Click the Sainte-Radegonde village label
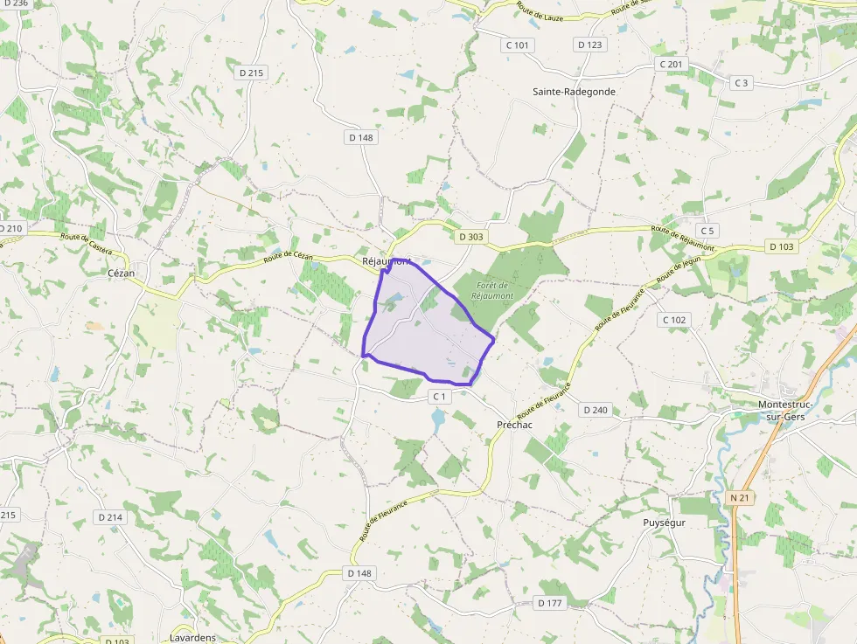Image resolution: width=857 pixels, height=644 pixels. coord(574,91)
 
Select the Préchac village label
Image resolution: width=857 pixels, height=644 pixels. coord(514,424)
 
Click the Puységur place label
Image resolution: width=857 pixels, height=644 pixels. coord(664,523)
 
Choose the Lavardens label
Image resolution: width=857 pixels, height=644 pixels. coord(192,638)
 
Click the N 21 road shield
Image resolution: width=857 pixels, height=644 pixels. coord(739,497)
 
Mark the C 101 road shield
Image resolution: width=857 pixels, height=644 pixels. coord(517,45)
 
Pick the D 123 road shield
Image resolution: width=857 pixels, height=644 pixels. coord(590,45)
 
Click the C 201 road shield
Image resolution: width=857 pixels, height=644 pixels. coord(672,65)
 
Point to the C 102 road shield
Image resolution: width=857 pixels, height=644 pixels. coord(674,320)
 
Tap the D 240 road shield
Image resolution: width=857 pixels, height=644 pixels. coord(595,410)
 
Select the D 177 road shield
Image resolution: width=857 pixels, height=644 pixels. coord(549,603)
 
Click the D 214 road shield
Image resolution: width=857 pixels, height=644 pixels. coord(110,517)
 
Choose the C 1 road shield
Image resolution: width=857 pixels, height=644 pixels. coord(439,397)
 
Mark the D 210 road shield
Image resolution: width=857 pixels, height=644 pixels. coord(10,229)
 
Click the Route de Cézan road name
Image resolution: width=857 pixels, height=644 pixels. coord(288,256)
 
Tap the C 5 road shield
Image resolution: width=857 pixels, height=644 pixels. coord(707,231)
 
